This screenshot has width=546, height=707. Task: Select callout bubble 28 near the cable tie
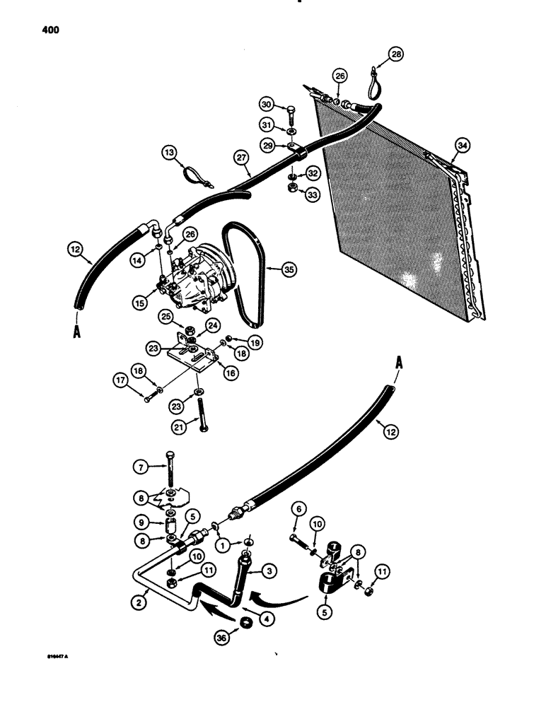pos(396,54)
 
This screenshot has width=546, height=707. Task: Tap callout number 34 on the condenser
pos(462,146)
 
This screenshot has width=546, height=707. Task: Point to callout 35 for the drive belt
pos(287,269)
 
